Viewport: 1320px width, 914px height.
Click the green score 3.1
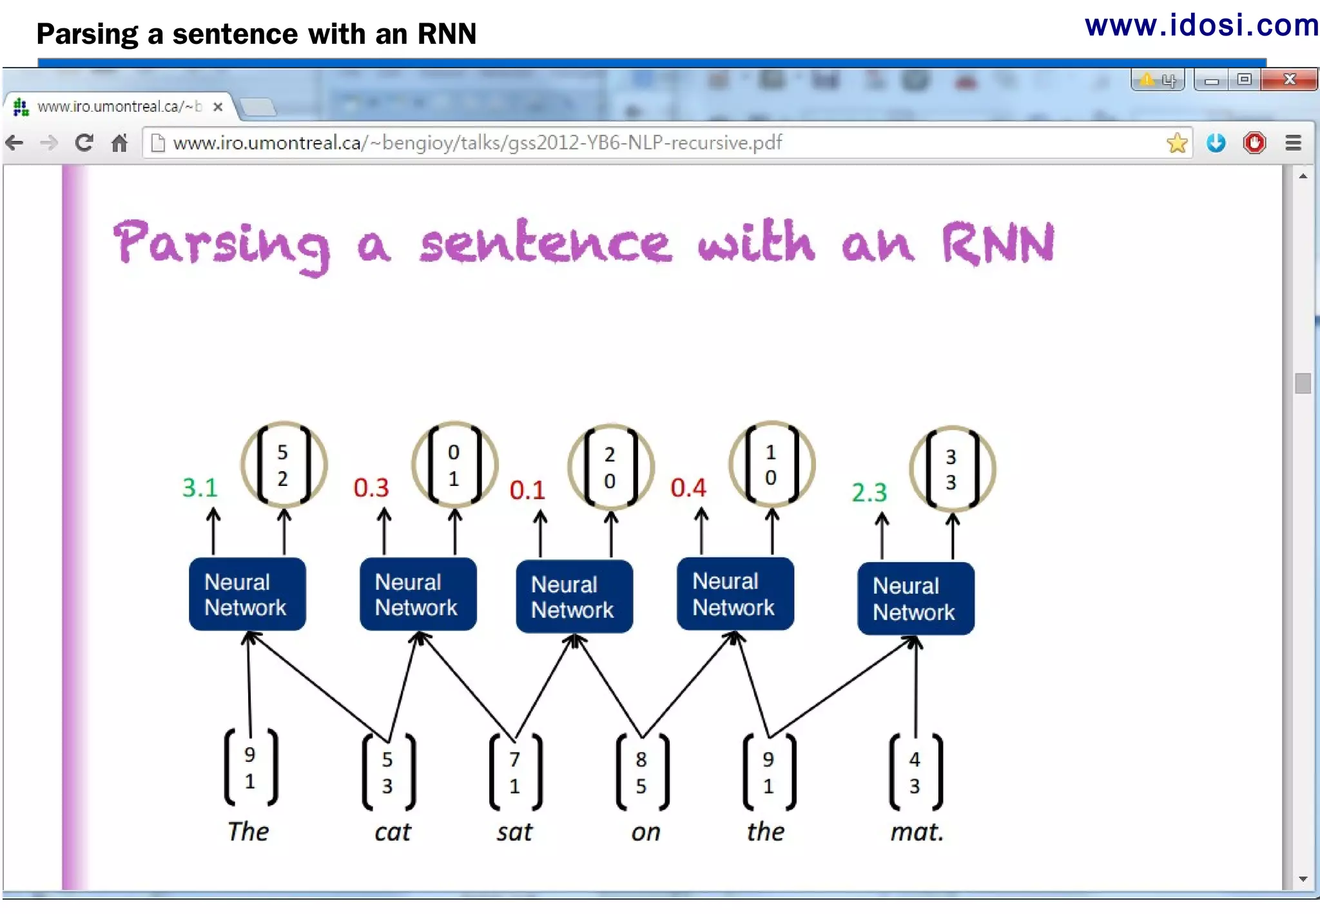pyautogui.click(x=200, y=488)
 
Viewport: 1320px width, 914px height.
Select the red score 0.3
pyautogui.click(x=371, y=488)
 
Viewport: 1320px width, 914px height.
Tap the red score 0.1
pyautogui.click(x=527, y=491)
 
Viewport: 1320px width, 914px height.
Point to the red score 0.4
pyautogui.click(x=688, y=488)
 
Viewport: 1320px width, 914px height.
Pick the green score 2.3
pyautogui.click(x=869, y=492)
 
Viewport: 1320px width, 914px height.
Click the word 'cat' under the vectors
pyautogui.click(x=393, y=832)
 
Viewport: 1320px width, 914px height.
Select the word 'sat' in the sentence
pyautogui.click(x=514, y=832)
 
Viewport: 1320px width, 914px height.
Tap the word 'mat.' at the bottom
pyautogui.click(x=917, y=832)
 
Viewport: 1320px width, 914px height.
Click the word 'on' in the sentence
pyautogui.click(x=646, y=832)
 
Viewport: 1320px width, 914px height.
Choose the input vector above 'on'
pyautogui.click(x=642, y=773)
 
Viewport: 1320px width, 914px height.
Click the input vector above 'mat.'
pyautogui.click(x=915, y=773)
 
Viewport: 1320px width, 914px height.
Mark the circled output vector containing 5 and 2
pyautogui.click(x=284, y=465)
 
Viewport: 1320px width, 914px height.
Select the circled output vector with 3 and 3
pyautogui.click(x=952, y=469)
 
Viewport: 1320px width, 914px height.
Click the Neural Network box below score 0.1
pyautogui.click(x=574, y=597)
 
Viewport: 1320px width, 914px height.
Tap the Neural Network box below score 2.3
pyautogui.click(x=915, y=599)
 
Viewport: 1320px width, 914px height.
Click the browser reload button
pyautogui.click(x=84, y=142)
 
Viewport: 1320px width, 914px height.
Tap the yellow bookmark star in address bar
pyautogui.click(x=1177, y=142)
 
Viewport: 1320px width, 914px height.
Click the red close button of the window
pyautogui.click(x=1289, y=79)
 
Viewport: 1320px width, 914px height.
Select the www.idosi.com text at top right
pyautogui.click(x=1201, y=26)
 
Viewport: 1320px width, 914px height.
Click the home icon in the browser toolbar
pyautogui.click(x=119, y=142)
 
